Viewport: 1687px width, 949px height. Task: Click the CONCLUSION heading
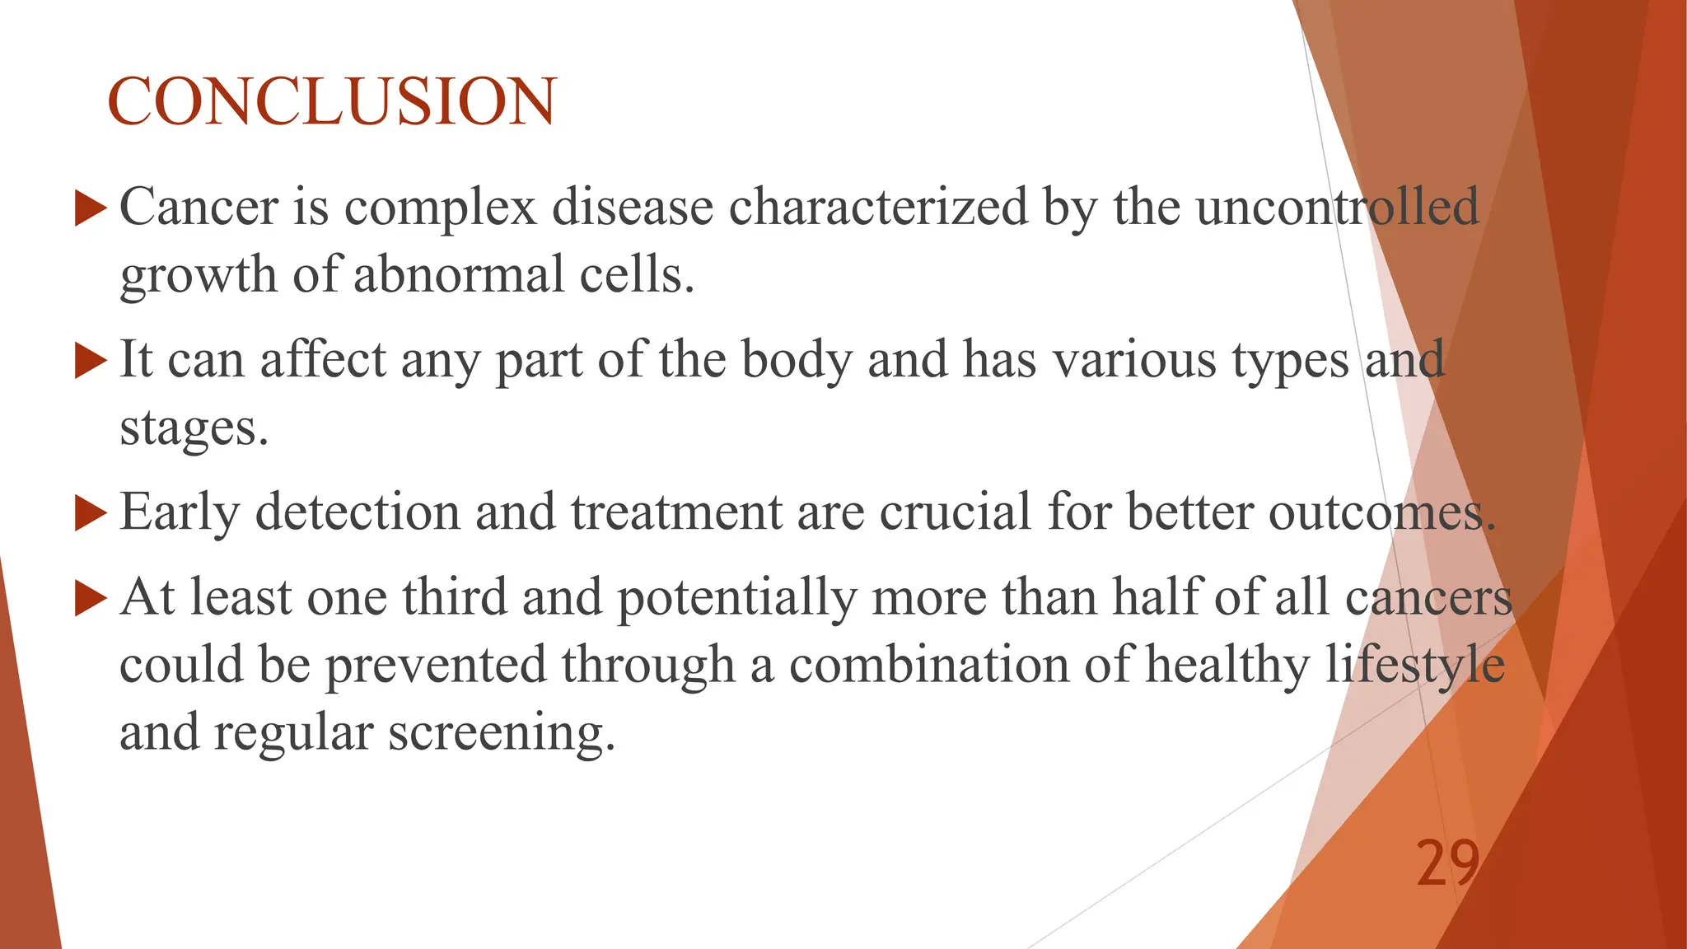pyautogui.click(x=332, y=101)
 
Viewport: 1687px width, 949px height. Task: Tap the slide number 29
pyautogui.click(x=1447, y=863)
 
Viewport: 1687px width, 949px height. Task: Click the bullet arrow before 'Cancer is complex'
pyautogui.click(x=91, y=208)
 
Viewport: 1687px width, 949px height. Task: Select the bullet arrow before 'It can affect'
pyautogui.click(x=91, y=361)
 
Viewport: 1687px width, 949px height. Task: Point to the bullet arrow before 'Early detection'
pyautogui.click(x=91, y=513)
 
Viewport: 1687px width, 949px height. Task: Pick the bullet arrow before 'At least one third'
pyautogui.click(x=91, y=599)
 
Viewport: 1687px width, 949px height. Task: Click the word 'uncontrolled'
pyautogui.click(x=1337, y=206)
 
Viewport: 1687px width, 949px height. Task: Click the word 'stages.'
pyautogui.click(x=194, y=428)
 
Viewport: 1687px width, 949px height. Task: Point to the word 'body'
pyautogui.click(x=797, y=361)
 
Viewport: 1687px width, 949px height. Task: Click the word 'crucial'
pyautogui.click(x=956, y=512)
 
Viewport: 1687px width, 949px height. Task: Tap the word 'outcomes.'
pyautogui.click(x=1381, y=512)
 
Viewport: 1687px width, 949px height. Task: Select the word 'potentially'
pyautogui.click(x=737, y=597)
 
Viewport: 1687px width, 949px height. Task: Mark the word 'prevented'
pyautogui.click(x=437, y=665)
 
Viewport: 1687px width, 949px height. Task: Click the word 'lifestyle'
pyautogui.click(x=1414, y=665)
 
